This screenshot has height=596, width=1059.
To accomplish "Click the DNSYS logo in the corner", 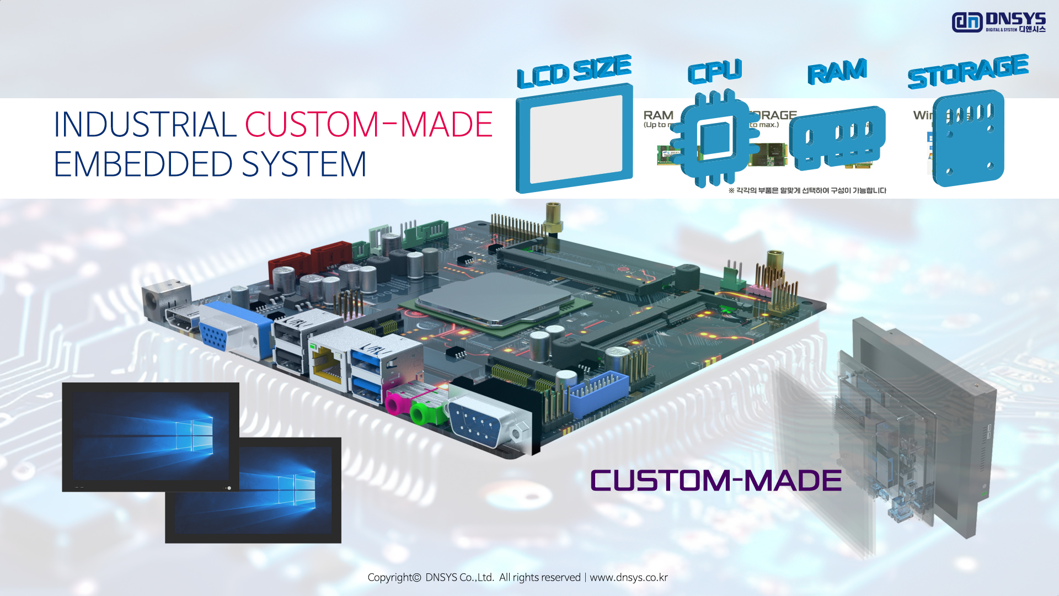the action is click(998, 23).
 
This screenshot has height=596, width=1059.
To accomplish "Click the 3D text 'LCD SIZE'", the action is click(574, 71).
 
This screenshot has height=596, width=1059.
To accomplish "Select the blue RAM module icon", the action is click(837, 138).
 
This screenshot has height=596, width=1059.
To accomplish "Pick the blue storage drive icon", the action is click(969, 138).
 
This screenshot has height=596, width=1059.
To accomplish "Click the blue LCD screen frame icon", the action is click(574, 138).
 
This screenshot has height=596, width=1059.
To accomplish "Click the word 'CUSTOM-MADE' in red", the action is click(368, 125).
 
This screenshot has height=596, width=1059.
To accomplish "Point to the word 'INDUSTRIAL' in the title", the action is click(145, 125).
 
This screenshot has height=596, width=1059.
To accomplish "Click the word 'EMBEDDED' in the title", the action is click(143, 164).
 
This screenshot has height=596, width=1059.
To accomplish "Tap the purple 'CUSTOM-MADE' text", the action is click(716, 480).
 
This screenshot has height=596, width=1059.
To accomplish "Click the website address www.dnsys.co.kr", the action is click(628, 577).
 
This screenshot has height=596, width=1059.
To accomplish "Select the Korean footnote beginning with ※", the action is click(807, 190).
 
